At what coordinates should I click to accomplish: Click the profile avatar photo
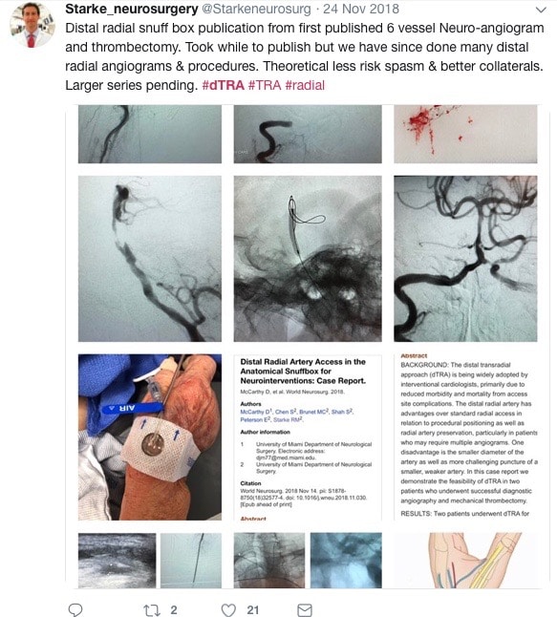(x=30, y=25)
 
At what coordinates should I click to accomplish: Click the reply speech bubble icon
(x=76, y=608)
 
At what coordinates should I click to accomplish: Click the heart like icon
(x=227, y=608)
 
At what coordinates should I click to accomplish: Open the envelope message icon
(x=304, y=608)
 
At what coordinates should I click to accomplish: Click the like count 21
(x=254, y=608)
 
